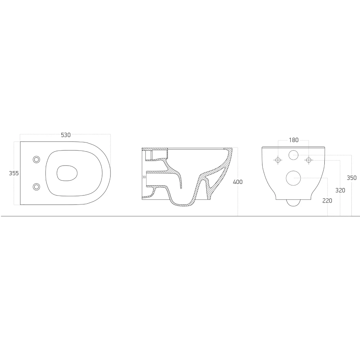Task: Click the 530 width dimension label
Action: (66, 135)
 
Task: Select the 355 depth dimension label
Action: (14, 173)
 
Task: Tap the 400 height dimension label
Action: (238, 182)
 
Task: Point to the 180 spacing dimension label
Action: (294, 140)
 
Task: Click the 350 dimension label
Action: (351, 177)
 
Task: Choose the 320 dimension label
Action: (340, 190)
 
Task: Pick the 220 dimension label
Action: (327, 201)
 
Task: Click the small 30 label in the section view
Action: (144, 177)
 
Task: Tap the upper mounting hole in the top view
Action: (36, 159)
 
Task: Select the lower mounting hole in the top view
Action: (36, 186)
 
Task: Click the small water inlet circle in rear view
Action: (294, 155)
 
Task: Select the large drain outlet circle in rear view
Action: (294, 177)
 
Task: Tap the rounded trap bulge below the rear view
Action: (294, 203)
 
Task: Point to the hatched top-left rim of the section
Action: (155, 149)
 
